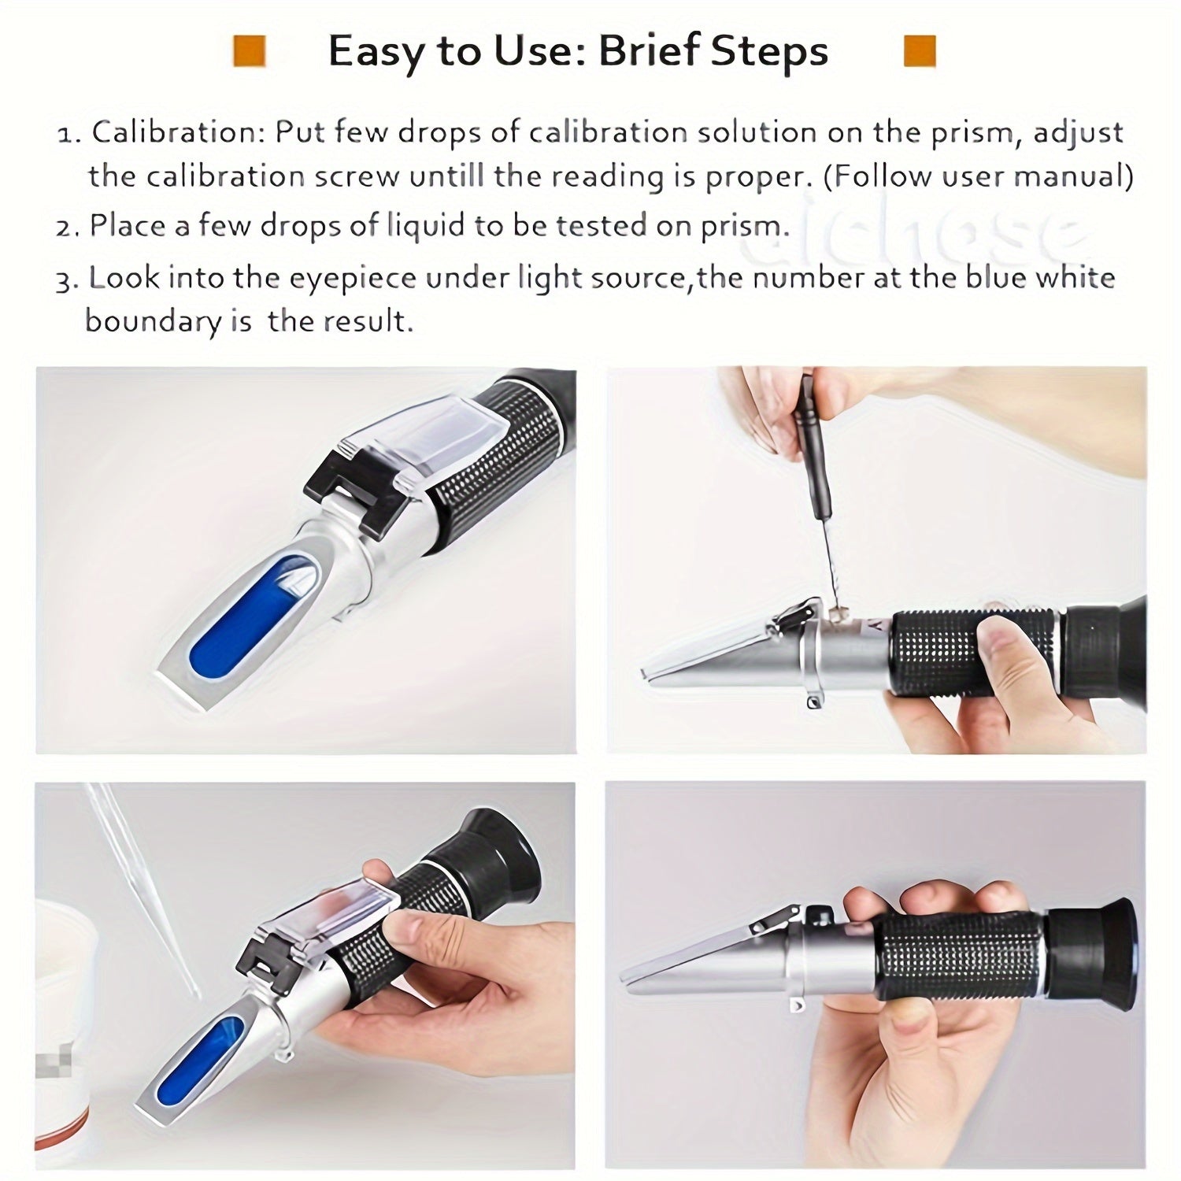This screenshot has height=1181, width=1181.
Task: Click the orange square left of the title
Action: click(249, 51)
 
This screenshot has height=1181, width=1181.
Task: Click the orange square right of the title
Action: click(920, 51)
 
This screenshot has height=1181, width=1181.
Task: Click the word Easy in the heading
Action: click(372, 52)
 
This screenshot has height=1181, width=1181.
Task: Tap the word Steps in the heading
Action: click(769, 52)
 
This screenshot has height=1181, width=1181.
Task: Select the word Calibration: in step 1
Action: click(179, 132)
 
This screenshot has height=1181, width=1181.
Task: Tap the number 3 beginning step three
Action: click(65, 280)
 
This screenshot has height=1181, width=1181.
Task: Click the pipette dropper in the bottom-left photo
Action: click(142, 882)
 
